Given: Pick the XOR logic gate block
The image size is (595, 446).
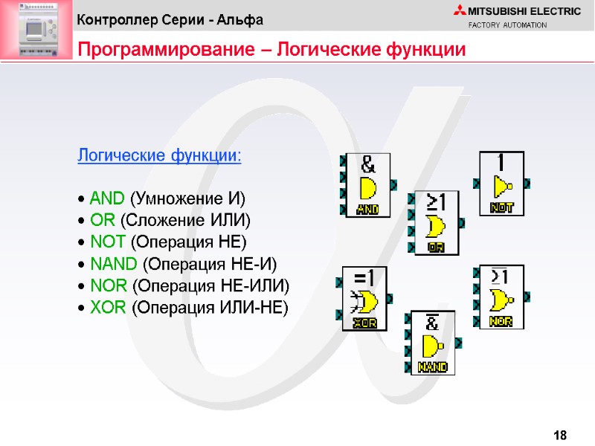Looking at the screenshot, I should [364, 297].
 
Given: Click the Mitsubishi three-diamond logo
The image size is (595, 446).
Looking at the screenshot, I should [457, 10].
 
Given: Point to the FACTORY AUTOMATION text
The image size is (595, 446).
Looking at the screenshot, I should [507, 25].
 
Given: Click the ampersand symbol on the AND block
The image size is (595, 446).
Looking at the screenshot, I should [368, 163].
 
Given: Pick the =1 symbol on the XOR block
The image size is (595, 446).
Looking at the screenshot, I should [364, 277].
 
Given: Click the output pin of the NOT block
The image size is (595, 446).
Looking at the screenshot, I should [527, 182].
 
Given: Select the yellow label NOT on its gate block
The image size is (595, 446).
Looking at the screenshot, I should [502, 208].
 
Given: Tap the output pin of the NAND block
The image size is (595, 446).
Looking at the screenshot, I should [458, 343].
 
